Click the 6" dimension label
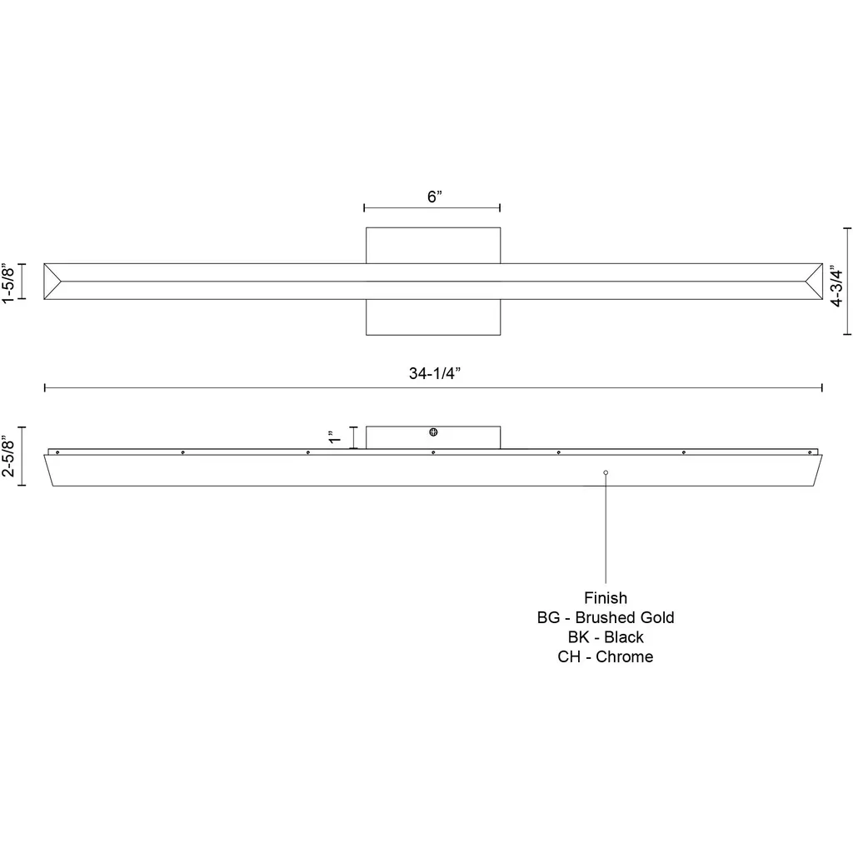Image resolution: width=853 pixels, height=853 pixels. pyautogui.click(x=434, y=197)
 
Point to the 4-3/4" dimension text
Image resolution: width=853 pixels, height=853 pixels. pyautogui.click(x=836, y=286)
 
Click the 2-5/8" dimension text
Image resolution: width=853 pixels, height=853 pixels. pyautogui.click(x=8, y=456)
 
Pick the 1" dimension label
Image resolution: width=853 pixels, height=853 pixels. pyautogui.click(x=334, y=436)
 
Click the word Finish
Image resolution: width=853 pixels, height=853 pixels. pyautogui.click(x=606, y=598)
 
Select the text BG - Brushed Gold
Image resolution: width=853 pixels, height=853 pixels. pyautogui.click(x=606, y=617)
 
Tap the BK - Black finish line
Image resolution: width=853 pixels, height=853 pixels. pyautogui.click(x=606, y=637)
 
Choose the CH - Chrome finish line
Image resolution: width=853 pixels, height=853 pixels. pyautogui.click(x=606, y=656)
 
